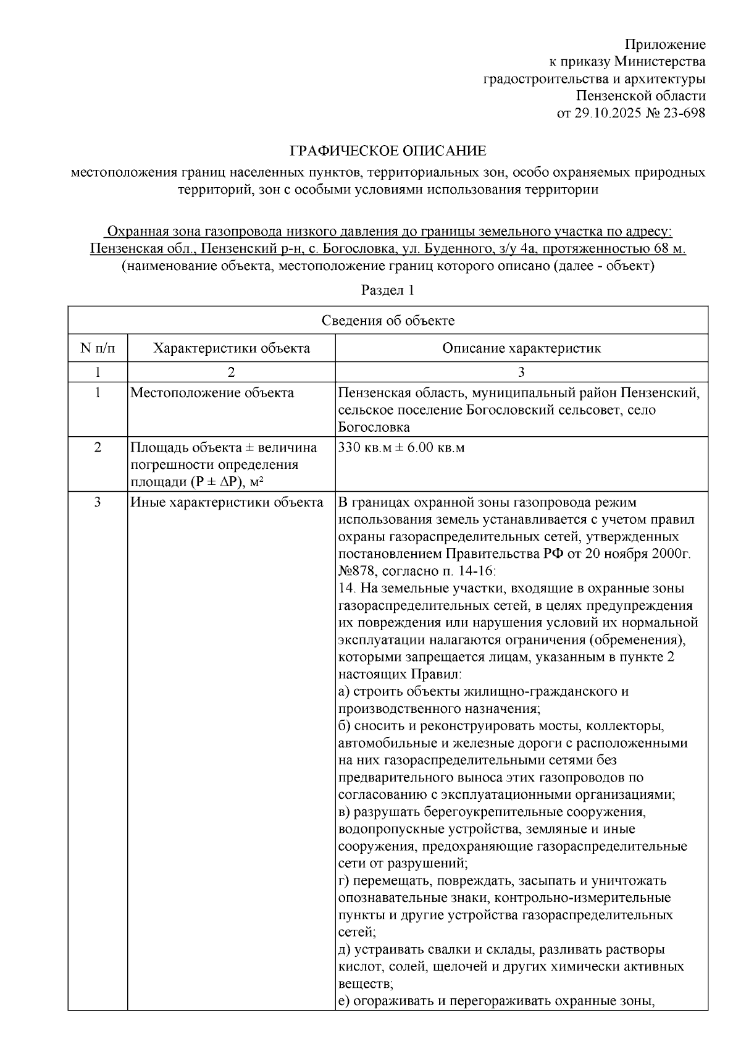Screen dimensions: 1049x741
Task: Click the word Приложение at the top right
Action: (x=665, y=44)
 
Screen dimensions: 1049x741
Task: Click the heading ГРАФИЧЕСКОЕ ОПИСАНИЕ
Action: (x=388, y=151)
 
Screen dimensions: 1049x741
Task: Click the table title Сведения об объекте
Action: (x=388, y=321)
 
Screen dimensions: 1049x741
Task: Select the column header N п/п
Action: (x=98, y=348)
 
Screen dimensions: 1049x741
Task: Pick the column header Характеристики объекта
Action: (x=232, y=348)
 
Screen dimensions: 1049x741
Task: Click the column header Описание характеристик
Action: (x=521, y=348)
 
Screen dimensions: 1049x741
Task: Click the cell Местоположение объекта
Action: (x=212, y=393)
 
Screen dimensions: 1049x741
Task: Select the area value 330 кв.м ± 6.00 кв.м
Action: (x=401, y=448)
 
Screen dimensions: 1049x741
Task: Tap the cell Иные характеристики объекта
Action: (x=227, y=502)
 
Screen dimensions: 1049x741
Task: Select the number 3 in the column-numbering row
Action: (x=521, y=372)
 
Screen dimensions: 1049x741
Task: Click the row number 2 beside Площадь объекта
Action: (x=98, y=447)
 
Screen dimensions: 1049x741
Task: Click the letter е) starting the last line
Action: (x=345, y=1001)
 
